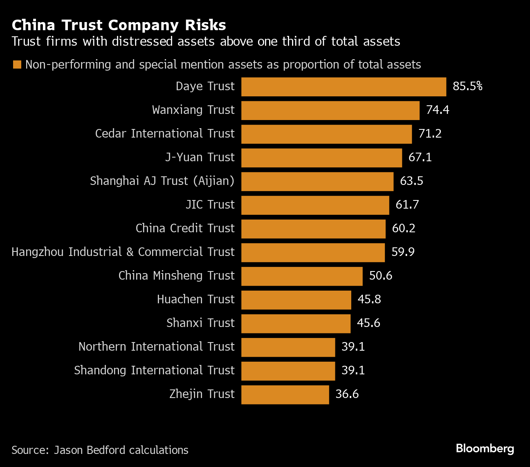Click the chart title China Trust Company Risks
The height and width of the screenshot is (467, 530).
119,25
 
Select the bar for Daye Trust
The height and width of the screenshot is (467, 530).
344,87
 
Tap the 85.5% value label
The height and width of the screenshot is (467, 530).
467,86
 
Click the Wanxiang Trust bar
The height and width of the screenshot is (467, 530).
330,111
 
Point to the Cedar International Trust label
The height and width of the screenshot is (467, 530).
165,133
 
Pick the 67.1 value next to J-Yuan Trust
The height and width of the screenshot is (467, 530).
420,157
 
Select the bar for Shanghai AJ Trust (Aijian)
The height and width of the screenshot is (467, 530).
317,182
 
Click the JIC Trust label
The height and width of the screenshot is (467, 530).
210,205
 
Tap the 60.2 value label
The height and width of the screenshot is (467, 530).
404,228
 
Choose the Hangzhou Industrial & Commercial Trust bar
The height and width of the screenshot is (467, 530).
313,253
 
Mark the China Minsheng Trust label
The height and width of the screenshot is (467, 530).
176,276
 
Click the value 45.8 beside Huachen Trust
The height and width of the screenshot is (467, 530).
369,299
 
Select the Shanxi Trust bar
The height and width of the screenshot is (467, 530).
296,324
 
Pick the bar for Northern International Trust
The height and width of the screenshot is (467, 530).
288,347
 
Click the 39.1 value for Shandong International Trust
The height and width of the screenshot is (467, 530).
353,370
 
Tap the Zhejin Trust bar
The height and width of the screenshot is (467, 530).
285,395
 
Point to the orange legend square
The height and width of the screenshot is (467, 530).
17,64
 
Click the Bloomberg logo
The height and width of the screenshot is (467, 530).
485,448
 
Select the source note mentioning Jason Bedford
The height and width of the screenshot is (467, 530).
100,450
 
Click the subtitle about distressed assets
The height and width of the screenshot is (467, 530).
206,42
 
